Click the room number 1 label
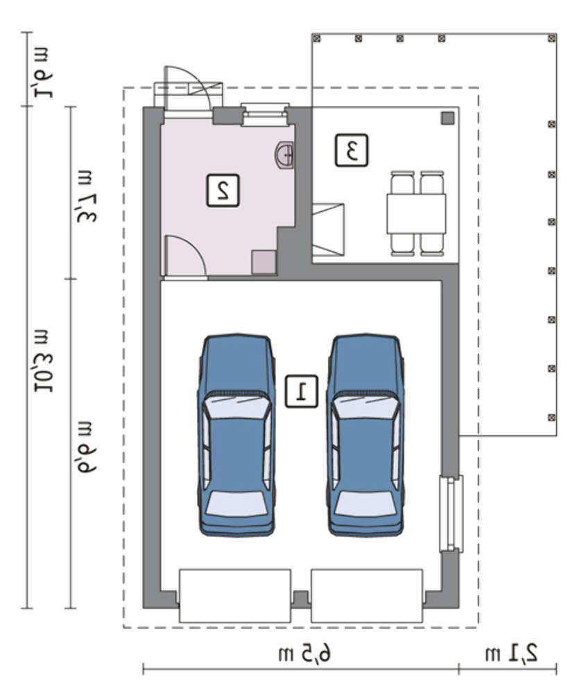(x=301, y=391)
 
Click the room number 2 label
(x=223, y=191)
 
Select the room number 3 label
(x=351, y=150)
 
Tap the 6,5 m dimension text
(x=304, y=653)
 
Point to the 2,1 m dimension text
(x=511, y=653)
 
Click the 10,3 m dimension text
(x=44, y=360)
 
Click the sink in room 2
(x=284, y=155)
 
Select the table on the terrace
(x=416, y=214)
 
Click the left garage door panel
(x=235, y=596)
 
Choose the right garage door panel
(x=367, y=596)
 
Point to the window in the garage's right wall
(x=452, y=514)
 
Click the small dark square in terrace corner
(x=448, y=119)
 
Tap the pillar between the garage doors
(x=301, y=599)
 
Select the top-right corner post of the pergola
(x=551, y=38)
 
